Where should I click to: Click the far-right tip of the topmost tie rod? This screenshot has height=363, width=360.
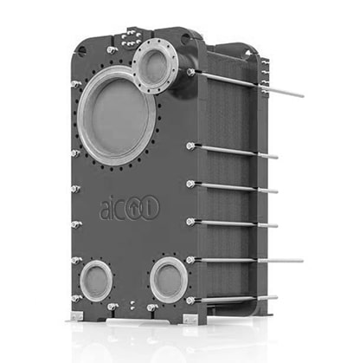303,95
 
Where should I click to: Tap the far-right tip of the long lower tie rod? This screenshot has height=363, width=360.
302,261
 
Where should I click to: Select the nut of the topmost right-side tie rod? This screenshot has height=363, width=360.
190,72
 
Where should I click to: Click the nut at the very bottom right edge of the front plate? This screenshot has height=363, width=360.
190,301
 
